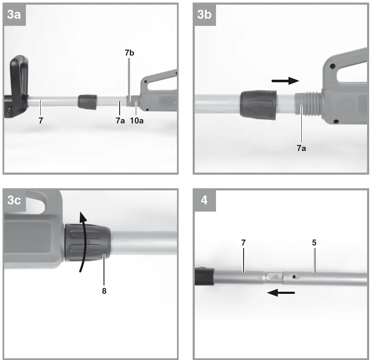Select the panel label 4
205,200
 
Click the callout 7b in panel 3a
130,53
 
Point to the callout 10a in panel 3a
136,121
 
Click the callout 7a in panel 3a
121,121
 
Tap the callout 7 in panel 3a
41,121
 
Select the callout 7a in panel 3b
302,148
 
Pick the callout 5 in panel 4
314,243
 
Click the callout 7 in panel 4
243,243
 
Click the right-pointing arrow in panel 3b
285,80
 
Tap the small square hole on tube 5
293,277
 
